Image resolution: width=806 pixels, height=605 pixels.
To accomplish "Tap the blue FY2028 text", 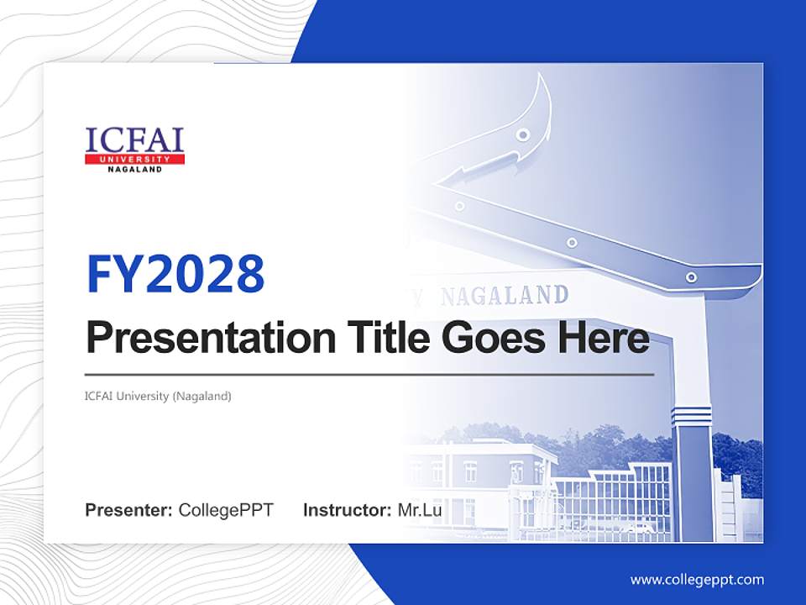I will point(175,273).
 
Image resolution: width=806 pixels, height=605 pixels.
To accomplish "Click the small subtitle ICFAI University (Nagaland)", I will point(158,396).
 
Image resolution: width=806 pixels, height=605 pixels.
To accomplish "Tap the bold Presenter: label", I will point(129,510).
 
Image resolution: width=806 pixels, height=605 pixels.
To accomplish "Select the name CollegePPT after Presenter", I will point(226,510).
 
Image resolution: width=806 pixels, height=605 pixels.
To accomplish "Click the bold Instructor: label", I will point(347,510).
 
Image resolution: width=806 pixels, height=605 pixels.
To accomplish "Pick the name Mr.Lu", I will point(420,510).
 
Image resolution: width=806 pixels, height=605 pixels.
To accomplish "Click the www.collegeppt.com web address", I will point(697,579).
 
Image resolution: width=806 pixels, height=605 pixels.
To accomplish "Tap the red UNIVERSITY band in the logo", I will point(134,159).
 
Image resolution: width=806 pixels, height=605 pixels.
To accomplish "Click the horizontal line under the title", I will point(369,375).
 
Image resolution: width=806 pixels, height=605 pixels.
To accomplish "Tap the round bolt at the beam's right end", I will point(691,276).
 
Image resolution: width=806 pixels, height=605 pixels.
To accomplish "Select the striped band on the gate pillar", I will point(691,414).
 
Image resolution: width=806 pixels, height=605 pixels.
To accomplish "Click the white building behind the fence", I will point(479,479).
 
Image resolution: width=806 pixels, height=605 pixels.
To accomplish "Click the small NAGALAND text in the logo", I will point(134,169).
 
